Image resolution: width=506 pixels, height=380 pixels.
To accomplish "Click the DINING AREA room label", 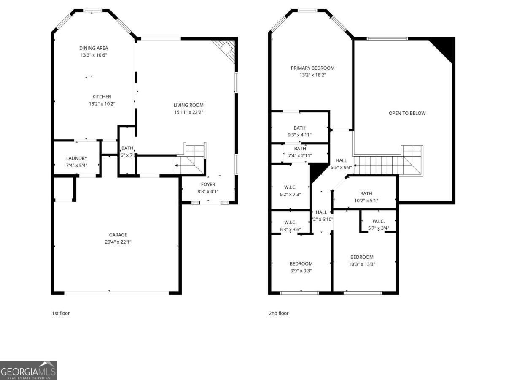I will pos(94,48).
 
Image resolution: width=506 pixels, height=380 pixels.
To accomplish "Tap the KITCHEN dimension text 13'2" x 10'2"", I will pos(102,104).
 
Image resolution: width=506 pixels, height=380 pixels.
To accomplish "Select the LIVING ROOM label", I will pos(188,105).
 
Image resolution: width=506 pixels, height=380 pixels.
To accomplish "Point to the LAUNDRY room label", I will pos(76,158).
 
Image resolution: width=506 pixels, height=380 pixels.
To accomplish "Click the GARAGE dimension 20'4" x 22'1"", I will pos(118,242).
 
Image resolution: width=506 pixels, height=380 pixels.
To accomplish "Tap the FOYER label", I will pos(208,185).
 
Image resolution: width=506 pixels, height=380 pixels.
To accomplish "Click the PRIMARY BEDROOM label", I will pos(312,68).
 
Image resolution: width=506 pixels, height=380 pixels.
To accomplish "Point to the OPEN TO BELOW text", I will pos(407,113).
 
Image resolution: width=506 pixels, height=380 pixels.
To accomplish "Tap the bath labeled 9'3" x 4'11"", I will pos(300,131).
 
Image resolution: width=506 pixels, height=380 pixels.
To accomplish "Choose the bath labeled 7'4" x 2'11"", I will pos(300,152).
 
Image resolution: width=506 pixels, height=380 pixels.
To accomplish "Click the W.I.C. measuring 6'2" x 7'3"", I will pos(290,191).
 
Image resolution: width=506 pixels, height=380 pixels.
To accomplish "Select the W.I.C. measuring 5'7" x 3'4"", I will pos(378,225).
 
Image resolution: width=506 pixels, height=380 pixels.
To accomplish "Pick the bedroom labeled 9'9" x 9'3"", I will pos(301,267).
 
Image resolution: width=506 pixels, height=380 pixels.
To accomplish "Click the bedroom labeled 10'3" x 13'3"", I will pos(362,261).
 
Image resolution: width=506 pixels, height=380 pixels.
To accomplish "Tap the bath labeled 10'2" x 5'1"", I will pos(366,197).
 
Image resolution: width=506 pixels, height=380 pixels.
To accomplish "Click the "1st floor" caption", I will pos(61,313).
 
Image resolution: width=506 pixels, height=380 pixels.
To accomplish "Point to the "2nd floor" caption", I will pos(279,313).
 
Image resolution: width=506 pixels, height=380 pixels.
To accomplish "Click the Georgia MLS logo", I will pos(29,370).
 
